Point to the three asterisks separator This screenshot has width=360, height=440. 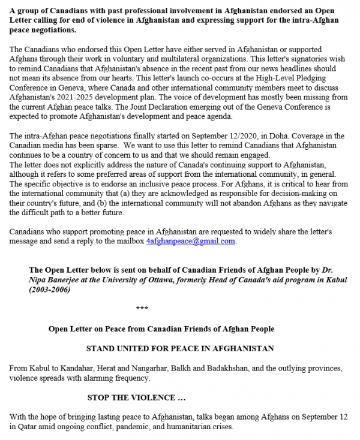(x=142, y=309)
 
